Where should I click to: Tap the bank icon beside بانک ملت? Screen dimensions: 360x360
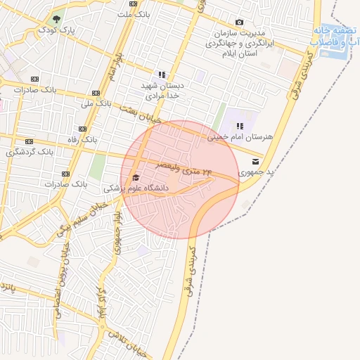click(x=134, y=4)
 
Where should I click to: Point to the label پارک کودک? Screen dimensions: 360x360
click(x=56, y=30)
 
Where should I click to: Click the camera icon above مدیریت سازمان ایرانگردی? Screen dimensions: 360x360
click(x=240, y=22)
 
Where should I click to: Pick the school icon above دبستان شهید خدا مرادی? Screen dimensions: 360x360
click(x=162, y=75)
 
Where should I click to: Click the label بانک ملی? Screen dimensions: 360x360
click(x=96, y=103)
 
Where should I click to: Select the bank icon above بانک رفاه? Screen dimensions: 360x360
click(x=83, y=129)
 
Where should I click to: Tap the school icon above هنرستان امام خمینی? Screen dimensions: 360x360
click(x=240, y=126)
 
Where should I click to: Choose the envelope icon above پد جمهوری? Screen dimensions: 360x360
click(x=255, y=161)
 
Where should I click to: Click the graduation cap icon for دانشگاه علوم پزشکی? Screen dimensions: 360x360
click(x=136, y=177)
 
